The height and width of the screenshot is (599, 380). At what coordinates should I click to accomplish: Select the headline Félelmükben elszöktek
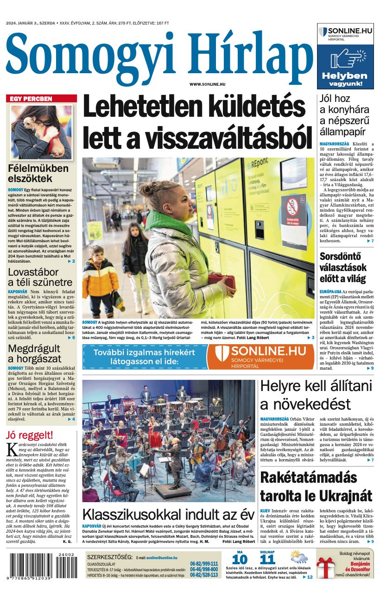(x=38, y=173)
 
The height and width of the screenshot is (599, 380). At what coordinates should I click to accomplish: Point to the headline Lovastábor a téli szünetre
(x=40, y=277)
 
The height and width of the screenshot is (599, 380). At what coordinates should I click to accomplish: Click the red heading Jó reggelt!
(x=30, y=435)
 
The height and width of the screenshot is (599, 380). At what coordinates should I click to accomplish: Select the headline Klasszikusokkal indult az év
(x=168, y=515)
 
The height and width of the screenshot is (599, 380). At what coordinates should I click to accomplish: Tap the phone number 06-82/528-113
(x=204, y=574)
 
